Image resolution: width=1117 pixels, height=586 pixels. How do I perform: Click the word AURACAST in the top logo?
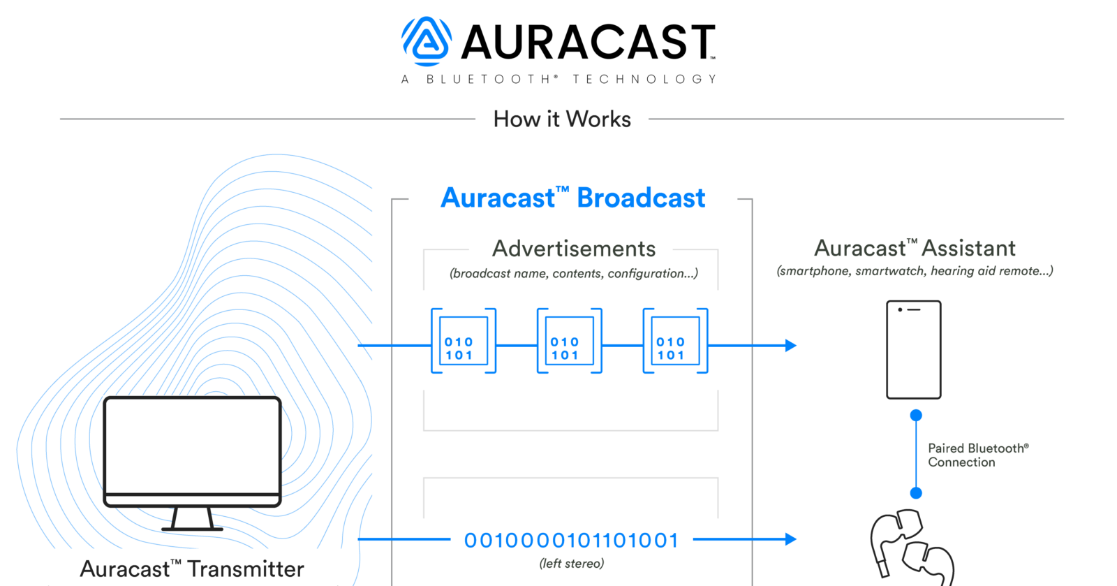[588, 43]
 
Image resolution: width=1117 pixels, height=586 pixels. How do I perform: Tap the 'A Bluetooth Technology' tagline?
[559, 80]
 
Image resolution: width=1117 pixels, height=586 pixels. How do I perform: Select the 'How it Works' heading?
[562, 119]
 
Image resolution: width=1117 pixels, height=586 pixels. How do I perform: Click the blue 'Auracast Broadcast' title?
[572, 198]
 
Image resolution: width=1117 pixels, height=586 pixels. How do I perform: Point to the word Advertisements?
[574, 249]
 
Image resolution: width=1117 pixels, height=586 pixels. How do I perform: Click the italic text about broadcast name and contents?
[573, 273]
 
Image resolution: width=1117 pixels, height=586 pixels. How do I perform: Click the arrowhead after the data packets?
[790, 345]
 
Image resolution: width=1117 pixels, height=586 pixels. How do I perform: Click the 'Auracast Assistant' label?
[915, 249]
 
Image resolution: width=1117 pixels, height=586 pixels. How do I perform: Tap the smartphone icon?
[913, 350]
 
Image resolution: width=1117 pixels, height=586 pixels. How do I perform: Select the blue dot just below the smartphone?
[916, 416]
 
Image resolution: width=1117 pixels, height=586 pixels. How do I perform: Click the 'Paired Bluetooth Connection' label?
[977, 455]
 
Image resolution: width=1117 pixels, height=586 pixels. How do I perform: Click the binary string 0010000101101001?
[571, 541]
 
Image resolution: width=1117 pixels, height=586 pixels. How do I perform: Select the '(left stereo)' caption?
[571, 564]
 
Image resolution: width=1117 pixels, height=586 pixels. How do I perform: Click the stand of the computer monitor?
[192, 519]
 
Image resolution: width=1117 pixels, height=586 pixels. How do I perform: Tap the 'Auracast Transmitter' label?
[192, 569]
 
